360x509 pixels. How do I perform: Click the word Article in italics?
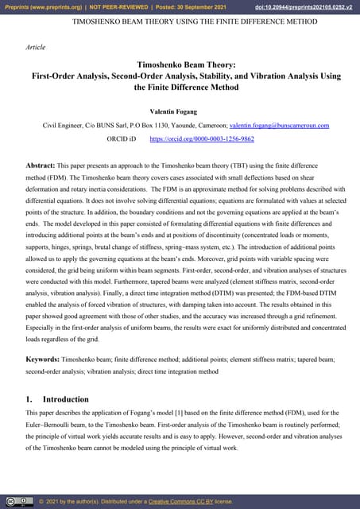36,48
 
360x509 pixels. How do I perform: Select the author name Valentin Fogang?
180,111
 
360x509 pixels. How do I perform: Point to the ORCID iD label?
121,138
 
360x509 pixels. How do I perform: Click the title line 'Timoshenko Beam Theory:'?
180,65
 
